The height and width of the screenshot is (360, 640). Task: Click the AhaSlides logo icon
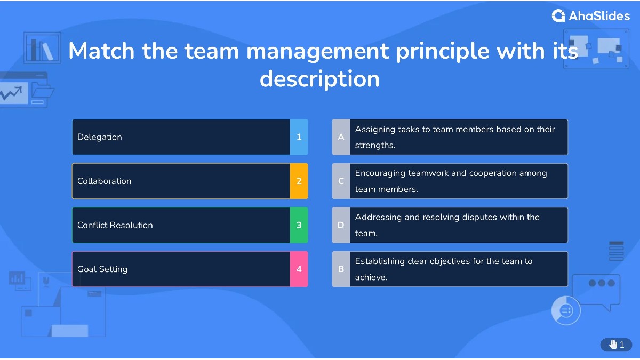pos(558,15)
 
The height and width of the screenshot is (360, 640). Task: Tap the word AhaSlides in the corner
pos(599,16)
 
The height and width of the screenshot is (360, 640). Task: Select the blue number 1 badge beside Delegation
pos(299,137)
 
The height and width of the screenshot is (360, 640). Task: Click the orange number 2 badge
pos(299,181)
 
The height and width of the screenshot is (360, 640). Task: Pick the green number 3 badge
pos(299,225)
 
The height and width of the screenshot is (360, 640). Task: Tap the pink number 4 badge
pos(299,269)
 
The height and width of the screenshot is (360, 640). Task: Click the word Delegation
pos(99,137)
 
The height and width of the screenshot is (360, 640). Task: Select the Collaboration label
pos(104,181)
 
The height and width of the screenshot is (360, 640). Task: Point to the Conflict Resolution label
pos(115,225)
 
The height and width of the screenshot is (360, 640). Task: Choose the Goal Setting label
pos(102,269)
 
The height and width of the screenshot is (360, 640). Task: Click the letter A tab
pos(341,137)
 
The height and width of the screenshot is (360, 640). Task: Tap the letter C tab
pos(341,181)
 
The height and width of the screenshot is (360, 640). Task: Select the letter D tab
pos(341,225)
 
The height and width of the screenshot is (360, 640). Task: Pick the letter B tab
pos(341,269)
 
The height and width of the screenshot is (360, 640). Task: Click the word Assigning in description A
pos(375,130)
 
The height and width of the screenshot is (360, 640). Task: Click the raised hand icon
pos(613,345)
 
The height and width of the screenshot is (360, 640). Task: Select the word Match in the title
pos(101,51)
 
